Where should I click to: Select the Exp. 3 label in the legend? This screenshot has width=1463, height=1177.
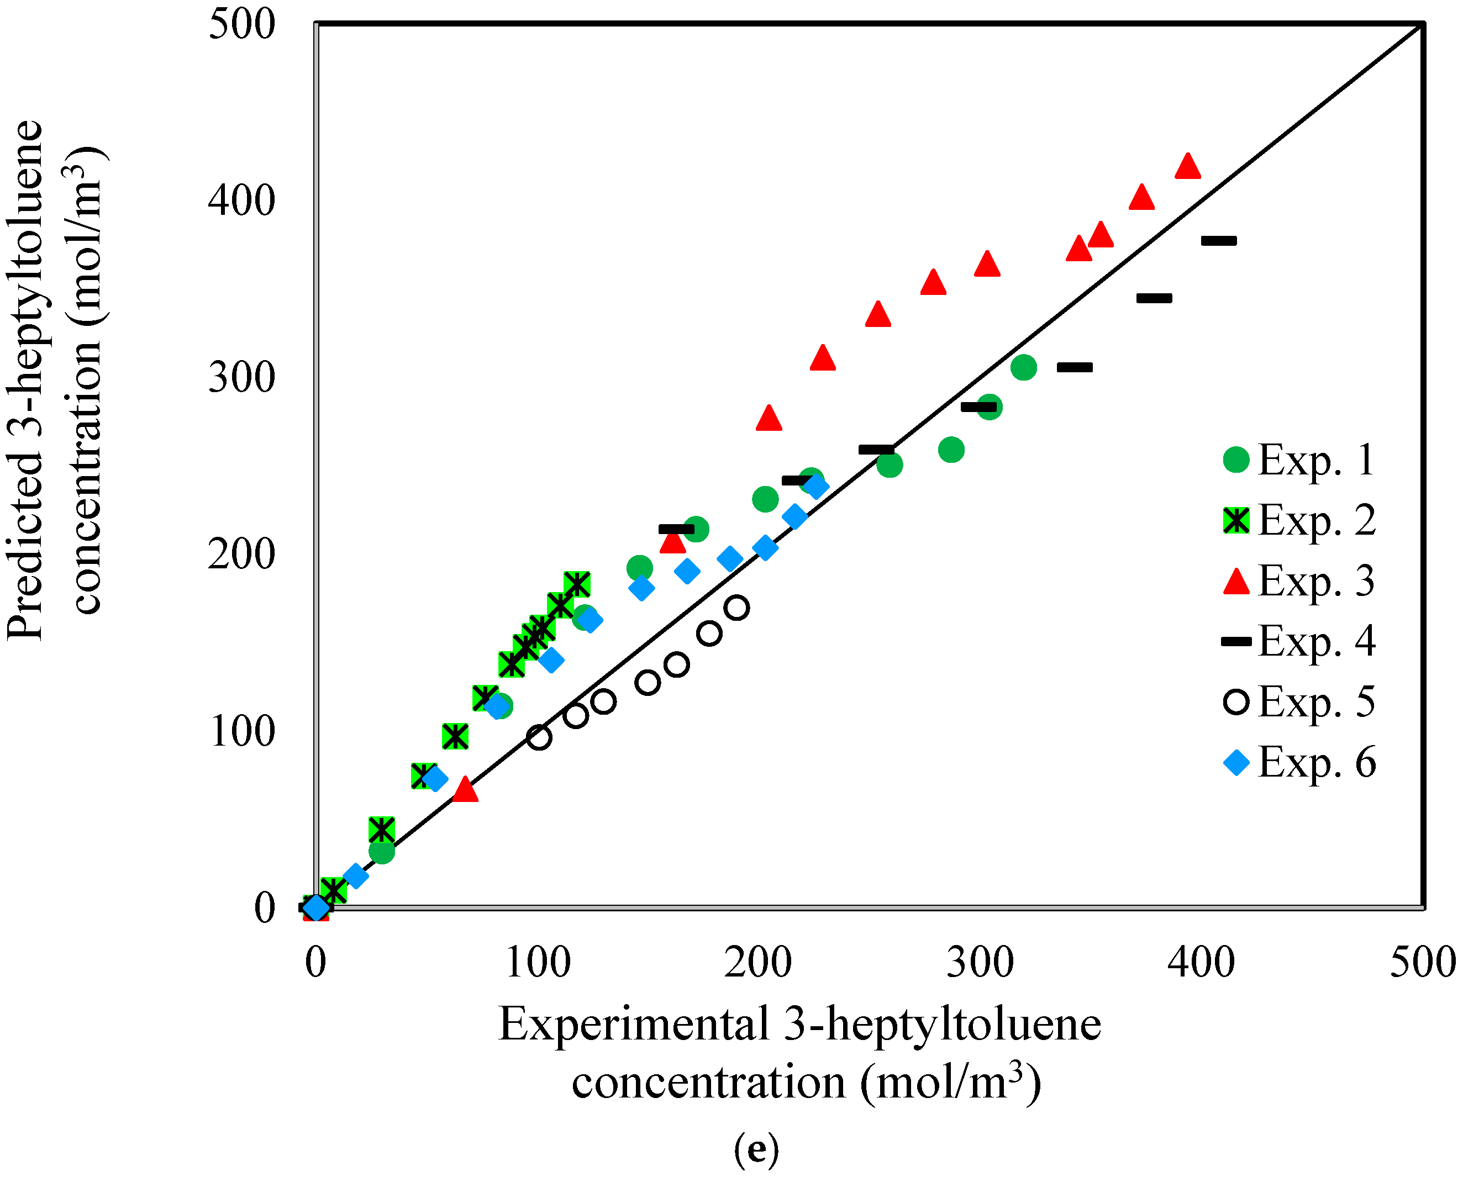coord(1317,580)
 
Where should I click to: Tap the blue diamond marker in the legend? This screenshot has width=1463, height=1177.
coord(1236,763)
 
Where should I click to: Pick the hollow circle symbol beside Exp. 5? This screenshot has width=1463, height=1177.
coord(1236,701)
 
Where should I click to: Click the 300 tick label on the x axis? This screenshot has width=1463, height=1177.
coord(980,963)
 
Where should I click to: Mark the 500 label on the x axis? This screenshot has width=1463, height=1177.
coord(1422,963)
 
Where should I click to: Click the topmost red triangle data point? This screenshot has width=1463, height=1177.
coord(1187,166)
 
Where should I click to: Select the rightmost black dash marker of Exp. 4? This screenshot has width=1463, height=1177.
coord(1219,241)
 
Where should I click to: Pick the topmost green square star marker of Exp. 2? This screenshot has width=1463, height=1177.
coord(577,583)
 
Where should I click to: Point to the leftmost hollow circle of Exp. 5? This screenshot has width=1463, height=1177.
coord(539,737)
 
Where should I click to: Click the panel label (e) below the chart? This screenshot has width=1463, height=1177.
coord(756,1149)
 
